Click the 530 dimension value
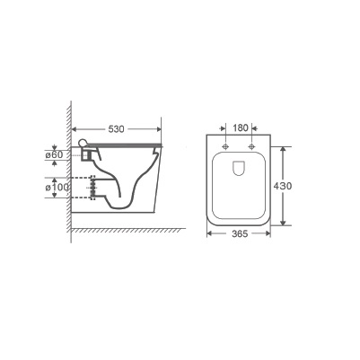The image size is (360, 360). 116,129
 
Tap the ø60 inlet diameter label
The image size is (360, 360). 54,154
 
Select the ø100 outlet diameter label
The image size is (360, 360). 57,188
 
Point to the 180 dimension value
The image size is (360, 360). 241,128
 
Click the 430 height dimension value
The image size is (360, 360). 283,186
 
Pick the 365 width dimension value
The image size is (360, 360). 240,233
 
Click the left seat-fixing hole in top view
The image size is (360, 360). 225,146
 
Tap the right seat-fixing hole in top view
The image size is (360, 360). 251,146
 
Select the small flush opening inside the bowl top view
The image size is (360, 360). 239,168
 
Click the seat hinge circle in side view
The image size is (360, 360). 82,143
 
